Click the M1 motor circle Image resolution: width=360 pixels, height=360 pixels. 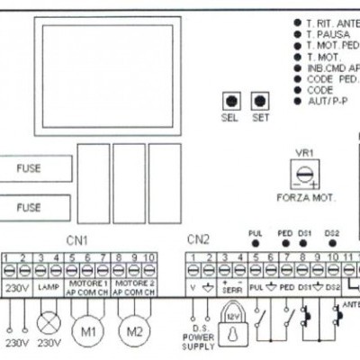pos(87,329)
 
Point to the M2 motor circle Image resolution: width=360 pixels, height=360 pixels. pos(133,329)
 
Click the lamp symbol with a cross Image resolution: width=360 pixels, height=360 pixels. pos(48,321)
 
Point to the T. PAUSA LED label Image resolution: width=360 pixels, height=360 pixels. pos(328,34)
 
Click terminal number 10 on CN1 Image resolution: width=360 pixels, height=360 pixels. pos(149,260)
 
